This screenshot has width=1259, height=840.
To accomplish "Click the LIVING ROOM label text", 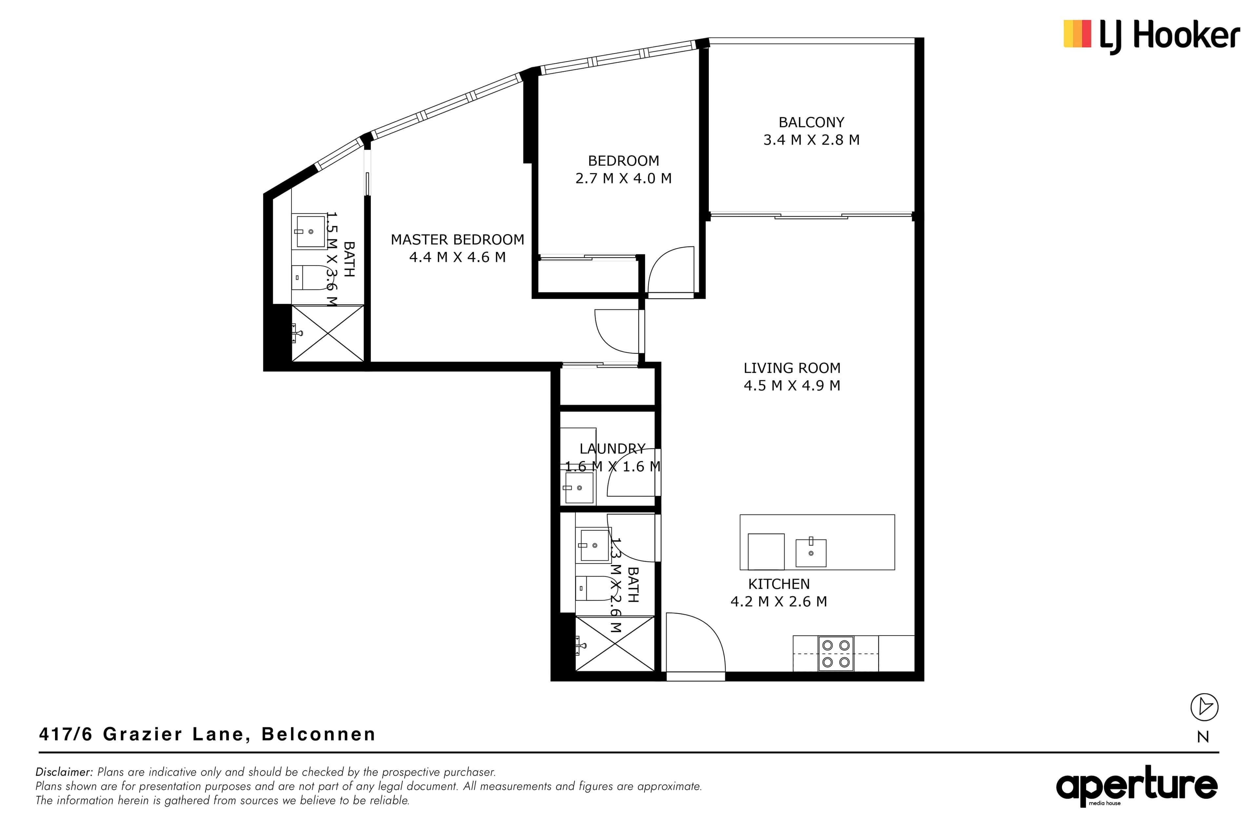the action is [792, 368].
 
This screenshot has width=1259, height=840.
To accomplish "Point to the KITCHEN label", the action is [779, 584].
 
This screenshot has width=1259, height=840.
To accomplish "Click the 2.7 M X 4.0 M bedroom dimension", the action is [624, 178].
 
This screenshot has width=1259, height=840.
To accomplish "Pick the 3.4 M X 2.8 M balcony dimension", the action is [811, 140].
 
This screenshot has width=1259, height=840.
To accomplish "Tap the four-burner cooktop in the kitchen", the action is [836, 654].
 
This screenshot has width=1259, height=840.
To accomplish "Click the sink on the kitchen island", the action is [810, 552].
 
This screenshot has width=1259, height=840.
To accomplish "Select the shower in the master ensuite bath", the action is [328, 333].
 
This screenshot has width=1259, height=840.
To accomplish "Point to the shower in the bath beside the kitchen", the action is [614, 643].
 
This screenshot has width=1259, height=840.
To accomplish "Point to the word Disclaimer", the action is [64, 772].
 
